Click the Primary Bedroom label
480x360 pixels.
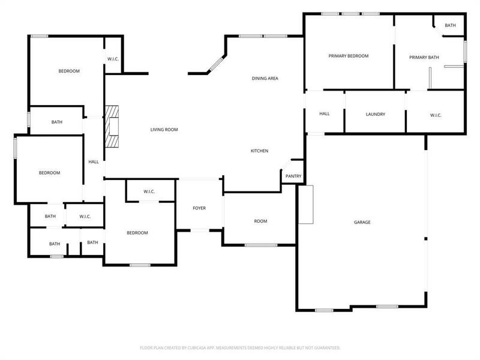(348, 56)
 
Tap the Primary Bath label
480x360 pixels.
(424, 58)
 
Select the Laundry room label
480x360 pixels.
(375, 114)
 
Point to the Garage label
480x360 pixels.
(362, 222)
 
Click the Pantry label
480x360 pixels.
(293, 176)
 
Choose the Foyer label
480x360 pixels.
(199, 208)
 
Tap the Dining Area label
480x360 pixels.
(265, 79)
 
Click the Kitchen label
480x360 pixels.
(259, 151)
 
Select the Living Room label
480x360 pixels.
(164, 130)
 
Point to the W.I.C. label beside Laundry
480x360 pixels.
(436, 115)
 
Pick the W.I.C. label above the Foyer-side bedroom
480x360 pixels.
(149, 191)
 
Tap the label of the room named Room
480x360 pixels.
(260, 221)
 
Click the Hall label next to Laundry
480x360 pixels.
(325, 114)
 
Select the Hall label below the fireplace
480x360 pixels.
(94, 161)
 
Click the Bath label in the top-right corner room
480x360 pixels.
(451, 25)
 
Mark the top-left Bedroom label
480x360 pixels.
(69, 71)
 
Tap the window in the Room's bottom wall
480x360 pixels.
(261, 245)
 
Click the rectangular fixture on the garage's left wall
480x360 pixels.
(306, 205)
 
